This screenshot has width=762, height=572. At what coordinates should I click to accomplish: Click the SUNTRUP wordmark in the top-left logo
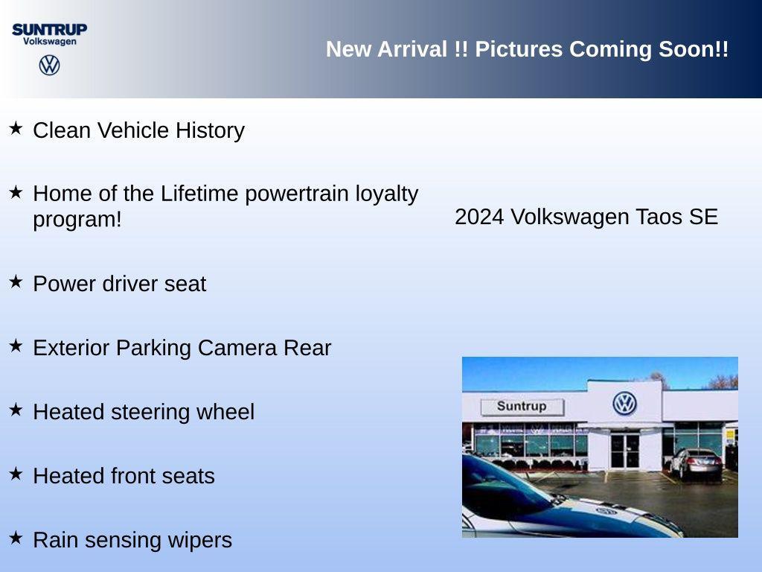49,29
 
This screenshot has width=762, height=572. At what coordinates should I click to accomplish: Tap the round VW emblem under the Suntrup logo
49,65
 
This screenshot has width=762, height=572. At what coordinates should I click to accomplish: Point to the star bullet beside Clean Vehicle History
16,129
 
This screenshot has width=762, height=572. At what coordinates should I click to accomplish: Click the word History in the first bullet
210,130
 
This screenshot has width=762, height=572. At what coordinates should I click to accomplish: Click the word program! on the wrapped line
77,220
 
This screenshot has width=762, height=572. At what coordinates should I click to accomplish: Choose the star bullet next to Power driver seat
16,282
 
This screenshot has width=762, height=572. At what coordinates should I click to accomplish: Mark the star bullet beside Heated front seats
16,474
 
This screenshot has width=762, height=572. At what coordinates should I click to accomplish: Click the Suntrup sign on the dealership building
522,407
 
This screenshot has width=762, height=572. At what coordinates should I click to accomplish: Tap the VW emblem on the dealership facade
624,403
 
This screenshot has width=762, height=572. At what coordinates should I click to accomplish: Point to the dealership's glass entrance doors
624,451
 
